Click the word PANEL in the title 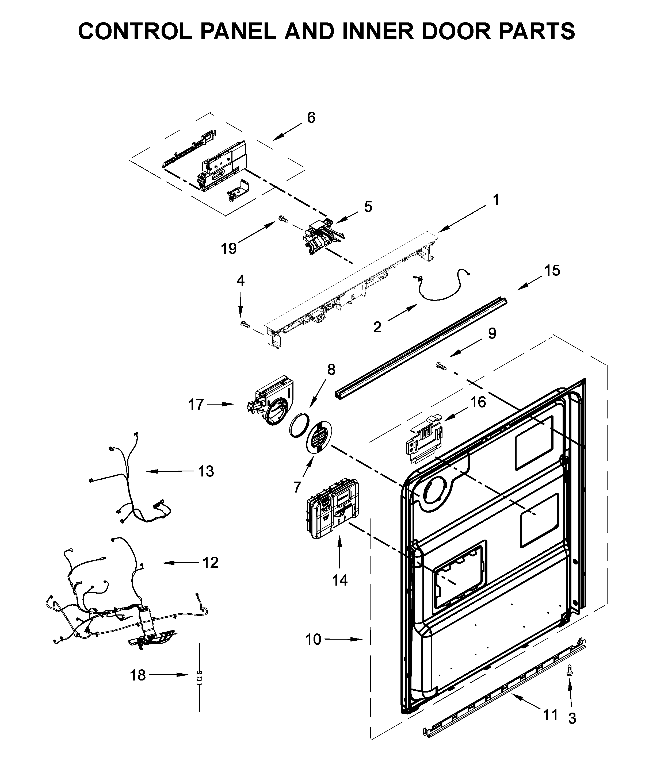pyautogui.click(x=238, y=31)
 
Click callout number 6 pyautogui.click(x=311, y=118)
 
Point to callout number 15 pyautogui.click(x=552, y=270)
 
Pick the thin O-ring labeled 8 pyautogui.click(x=299, y=425)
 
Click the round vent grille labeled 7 pyautogui.click(x=319, y=435)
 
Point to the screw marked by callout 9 pyautogui.click(x=440, y=365)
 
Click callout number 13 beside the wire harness pyautogui.click(x=206, y=471)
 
